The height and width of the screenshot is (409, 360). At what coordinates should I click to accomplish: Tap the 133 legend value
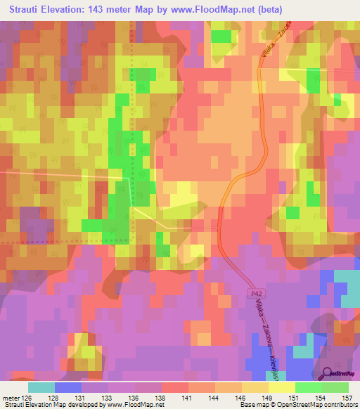pyautogui.click(x=108, y=398)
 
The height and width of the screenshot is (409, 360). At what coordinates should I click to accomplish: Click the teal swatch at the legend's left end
pyautogui.click(x=41, y=387)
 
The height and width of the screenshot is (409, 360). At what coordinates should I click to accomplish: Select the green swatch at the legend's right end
pyautogui.click(x=335, y=387)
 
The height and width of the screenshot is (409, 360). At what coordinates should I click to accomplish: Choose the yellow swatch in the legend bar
pyautogui.click(x=281, y=387)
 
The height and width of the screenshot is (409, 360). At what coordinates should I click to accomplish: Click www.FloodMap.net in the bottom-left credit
pyautogui.click(x=131, y=405)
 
